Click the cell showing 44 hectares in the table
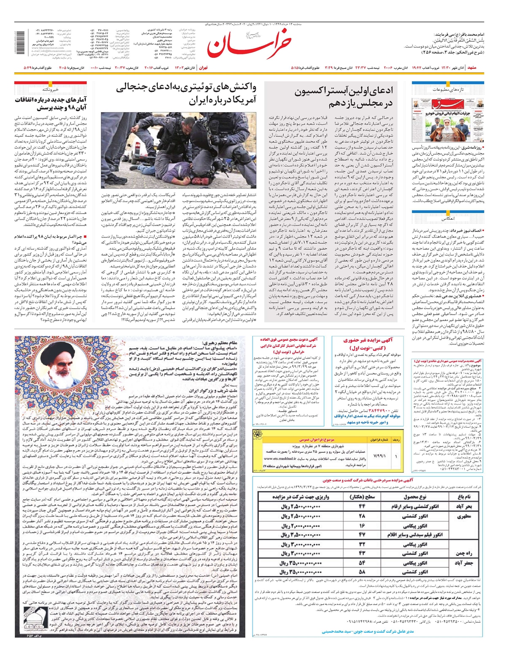(x=361, y=507)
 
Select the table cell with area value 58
(x=361, y=572)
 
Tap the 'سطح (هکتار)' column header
(x=362, y=497)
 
